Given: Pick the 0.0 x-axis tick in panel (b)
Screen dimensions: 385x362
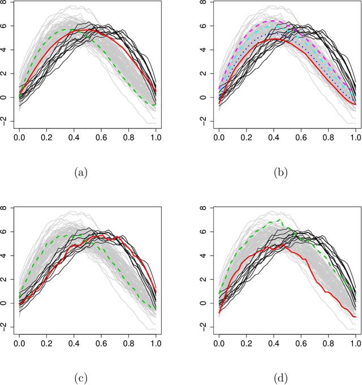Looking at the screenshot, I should coord(219,137).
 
